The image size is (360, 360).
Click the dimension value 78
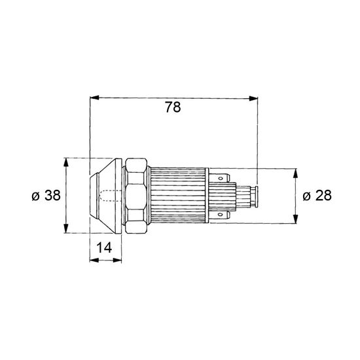173,107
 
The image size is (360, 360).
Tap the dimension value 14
104,247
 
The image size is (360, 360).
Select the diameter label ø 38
46,196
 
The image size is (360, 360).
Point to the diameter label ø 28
317,196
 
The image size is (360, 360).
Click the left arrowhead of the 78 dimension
94,98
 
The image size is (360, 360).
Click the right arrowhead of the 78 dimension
253,98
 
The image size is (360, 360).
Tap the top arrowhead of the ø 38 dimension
66,162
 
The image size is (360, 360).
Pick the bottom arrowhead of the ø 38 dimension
66,228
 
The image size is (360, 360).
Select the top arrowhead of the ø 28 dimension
296,173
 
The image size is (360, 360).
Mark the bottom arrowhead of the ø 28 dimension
296,219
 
